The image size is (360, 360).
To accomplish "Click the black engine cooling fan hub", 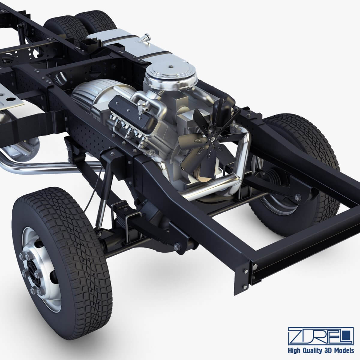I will click(212, 139).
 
